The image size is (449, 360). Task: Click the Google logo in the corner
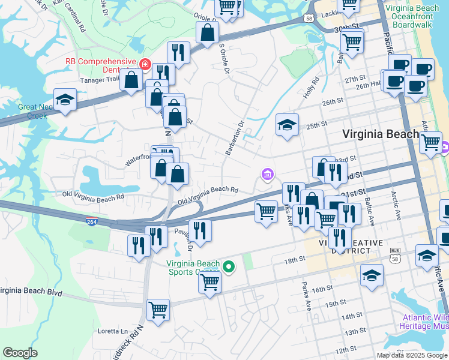click(x=20, y=353)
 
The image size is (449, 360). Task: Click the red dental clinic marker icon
click(x=144, y=64)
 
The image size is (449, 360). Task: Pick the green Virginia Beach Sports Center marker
click(x=228, y=267)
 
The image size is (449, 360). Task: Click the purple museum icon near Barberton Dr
click(x=268, y=175)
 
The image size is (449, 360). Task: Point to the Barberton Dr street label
click(x=235, y=139)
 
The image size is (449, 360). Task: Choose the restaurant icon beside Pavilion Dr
click(x=200, y=230)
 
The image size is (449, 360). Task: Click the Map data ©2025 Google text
click(x=411, y=355)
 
